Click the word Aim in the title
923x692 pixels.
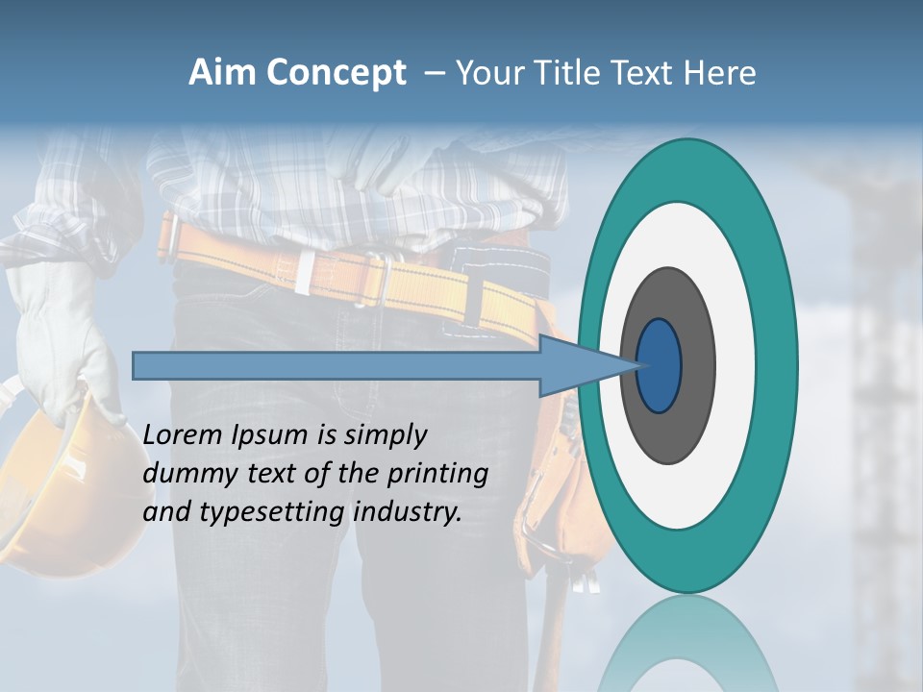click(x=223, y=73)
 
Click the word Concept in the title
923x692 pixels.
click(x=336, y=74)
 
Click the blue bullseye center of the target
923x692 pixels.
click(x=659, y=365)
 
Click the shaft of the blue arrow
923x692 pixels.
click(x=337, y=365)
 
